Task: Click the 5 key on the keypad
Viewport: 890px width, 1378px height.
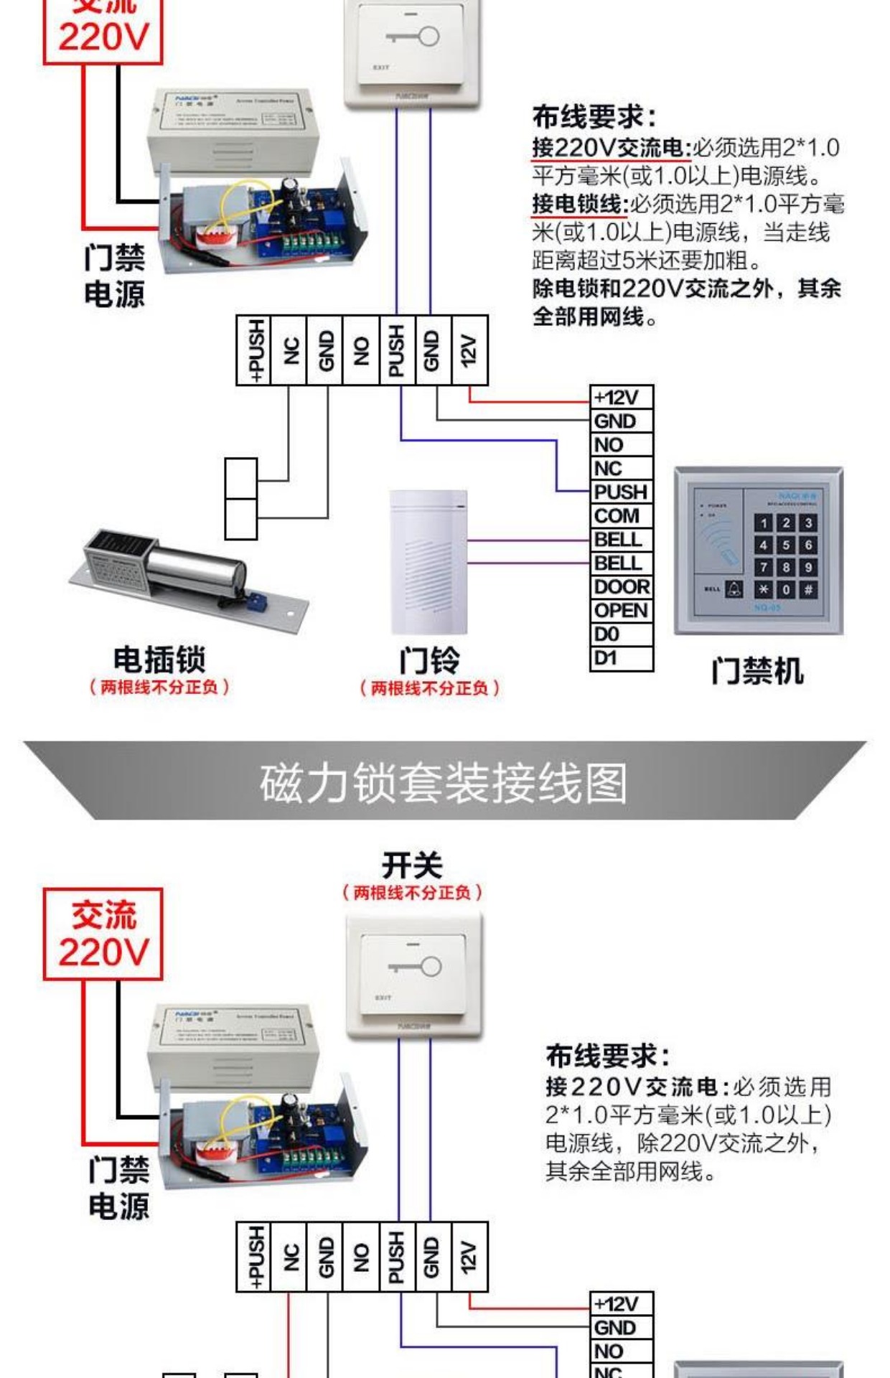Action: (786, 545)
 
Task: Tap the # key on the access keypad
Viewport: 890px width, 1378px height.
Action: (808, 590)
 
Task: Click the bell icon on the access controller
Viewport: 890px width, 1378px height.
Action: (734, 589)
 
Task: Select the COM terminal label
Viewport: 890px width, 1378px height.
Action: (617, 516)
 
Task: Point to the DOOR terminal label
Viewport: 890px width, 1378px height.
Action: (622, 587)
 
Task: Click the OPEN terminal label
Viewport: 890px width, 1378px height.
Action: (621, 611)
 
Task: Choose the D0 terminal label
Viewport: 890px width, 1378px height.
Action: (606, 634)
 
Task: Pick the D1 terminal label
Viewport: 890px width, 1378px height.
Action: (606, 657)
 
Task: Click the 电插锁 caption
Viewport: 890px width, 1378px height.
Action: (159, 659)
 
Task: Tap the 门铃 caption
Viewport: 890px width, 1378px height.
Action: (429, 660)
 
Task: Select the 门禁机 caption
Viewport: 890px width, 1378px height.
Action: (757, 672)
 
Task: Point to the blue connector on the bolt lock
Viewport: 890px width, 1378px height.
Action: (256, 601)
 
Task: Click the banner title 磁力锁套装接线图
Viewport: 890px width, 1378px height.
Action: (444, 783)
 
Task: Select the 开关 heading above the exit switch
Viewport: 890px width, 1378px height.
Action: (412, 865)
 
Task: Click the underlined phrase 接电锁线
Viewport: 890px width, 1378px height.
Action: (578, 205)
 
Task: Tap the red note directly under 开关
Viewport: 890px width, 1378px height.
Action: (412, 893)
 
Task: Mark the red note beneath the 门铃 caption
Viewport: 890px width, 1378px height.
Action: (429, 688)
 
